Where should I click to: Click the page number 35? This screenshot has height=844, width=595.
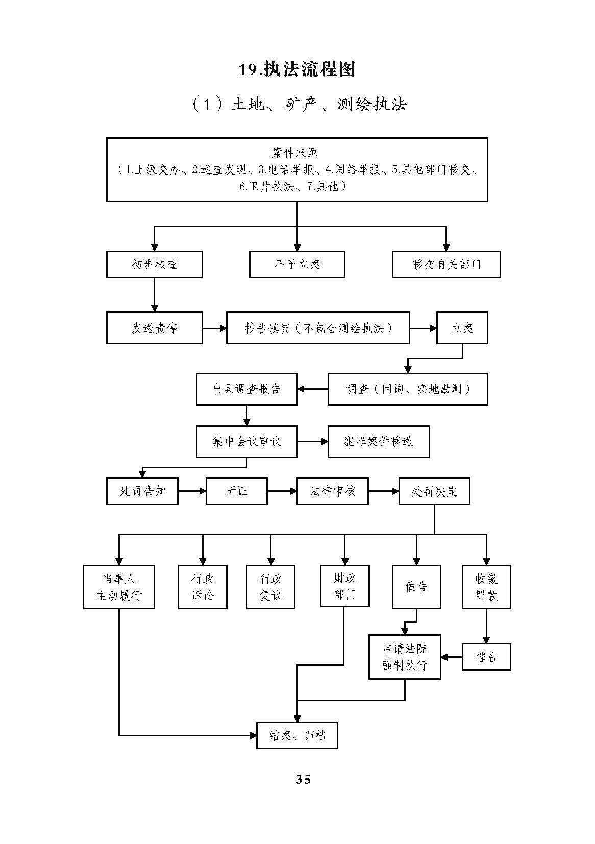tap(303, 779)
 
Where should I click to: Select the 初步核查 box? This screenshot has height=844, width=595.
tap(154, 264)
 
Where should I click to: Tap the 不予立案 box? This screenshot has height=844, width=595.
tap(297, 264)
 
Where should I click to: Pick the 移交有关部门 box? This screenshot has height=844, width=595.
tap(446, 264)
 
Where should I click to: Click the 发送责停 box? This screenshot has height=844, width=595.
tap(154, 328)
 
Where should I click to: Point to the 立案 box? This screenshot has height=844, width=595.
tap(462, 328)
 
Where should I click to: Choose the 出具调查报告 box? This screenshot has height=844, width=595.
tap(246, 389)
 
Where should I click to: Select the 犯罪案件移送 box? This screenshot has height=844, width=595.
tap(378, 441)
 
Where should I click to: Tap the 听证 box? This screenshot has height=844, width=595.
tap(236, 491)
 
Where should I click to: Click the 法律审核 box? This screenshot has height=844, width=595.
tap(332, 491)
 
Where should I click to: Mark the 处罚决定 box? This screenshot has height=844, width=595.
tap(434, 491)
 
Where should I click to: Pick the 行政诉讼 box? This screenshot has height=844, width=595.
tap(203, 587)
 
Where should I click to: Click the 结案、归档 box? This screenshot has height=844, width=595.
tap(297, 735)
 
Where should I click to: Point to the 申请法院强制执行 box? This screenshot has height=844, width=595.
tap(405, 657)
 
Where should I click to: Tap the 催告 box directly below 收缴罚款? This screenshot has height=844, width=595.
tap(486, 657)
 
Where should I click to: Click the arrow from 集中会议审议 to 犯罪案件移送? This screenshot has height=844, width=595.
tap(313, 441)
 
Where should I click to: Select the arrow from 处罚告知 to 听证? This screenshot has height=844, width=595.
tap(192, 491)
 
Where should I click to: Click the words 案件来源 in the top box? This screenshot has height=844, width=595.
tap(296, 153)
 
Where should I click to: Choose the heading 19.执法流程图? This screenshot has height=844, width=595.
tap(297, 69)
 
